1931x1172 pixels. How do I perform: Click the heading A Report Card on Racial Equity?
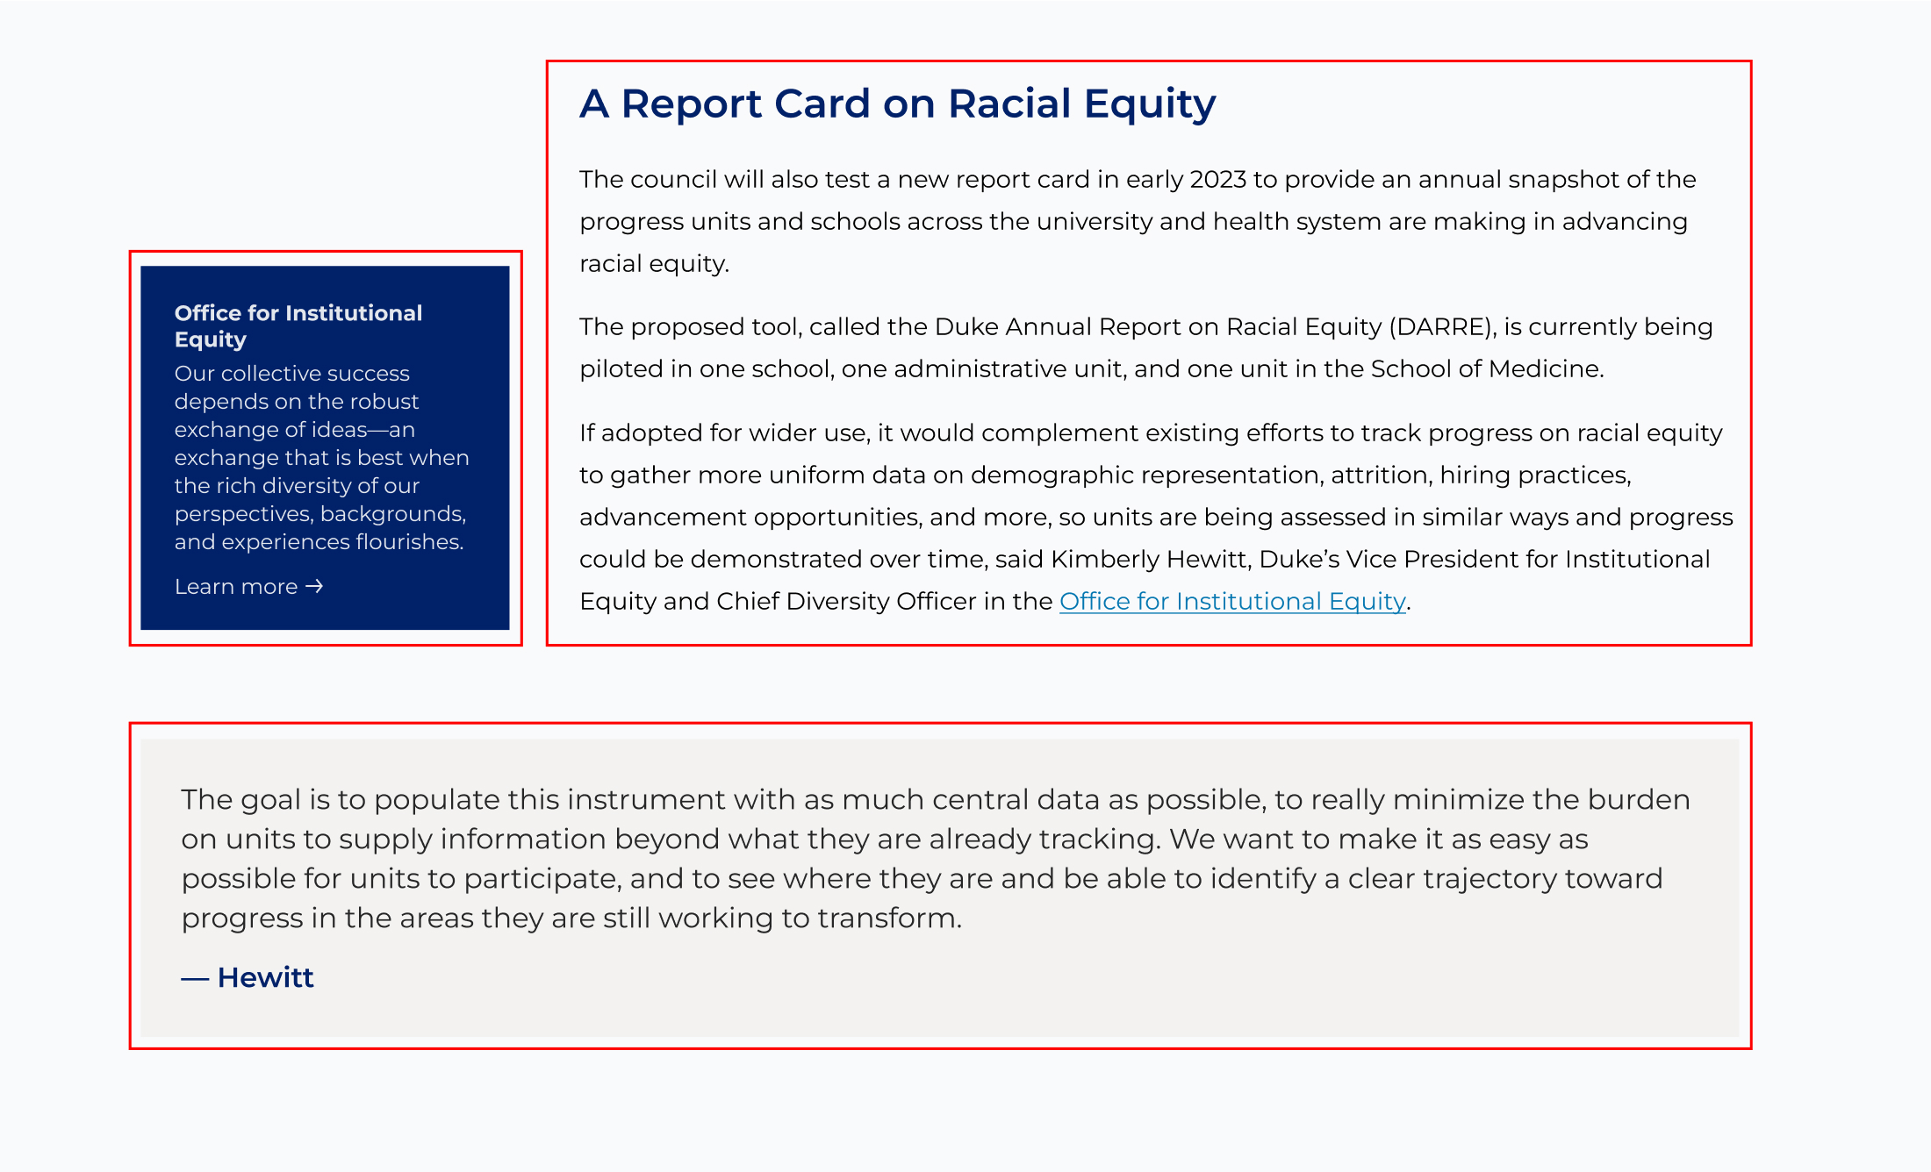coord(897,104)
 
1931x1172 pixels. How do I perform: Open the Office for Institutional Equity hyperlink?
coord(1232,601)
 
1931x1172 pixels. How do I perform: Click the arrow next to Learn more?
coord(314,586)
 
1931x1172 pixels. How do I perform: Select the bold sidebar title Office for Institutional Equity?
coord(298,325)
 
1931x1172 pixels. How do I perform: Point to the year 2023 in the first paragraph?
coord(1217,179)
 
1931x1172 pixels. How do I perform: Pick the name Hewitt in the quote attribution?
coord(265,977)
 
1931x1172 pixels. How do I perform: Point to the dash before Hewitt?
coord(195,978)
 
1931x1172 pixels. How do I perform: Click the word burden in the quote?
coord(1639,799)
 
